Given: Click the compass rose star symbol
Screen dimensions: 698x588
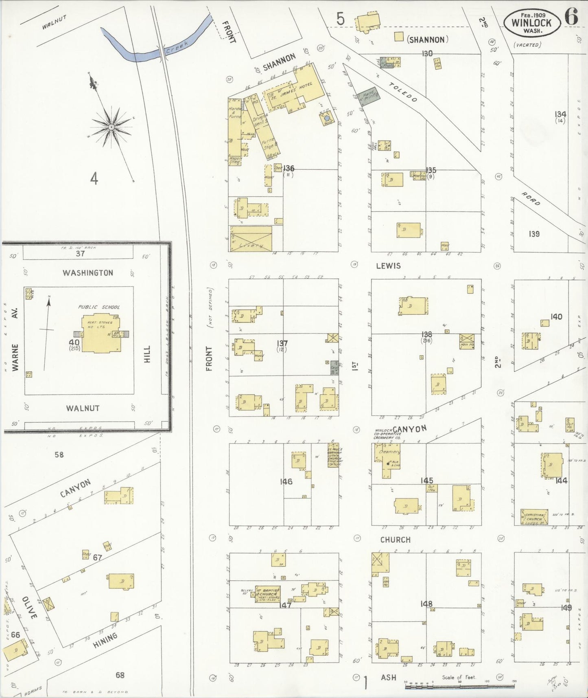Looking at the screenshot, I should [111, 127].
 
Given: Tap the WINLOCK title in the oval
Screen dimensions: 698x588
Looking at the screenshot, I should [531, 23].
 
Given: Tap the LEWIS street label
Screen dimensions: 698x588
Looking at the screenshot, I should [388, 266].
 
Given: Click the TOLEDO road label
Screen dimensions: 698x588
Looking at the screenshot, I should [403, 92].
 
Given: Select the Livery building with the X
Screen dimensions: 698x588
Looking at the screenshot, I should [251, 239].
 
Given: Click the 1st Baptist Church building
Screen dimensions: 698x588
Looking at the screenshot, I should [267, 595].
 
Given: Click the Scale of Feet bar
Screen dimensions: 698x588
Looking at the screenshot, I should [459, 687].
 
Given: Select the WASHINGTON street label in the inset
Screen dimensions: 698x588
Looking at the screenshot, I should [87, 273].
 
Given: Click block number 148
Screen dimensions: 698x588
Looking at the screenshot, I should [426, 604].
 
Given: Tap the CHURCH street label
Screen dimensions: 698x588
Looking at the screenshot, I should [395, 540].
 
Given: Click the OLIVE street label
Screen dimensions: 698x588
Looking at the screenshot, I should [30, 608].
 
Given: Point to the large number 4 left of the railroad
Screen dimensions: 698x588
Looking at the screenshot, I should [94, 178].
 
